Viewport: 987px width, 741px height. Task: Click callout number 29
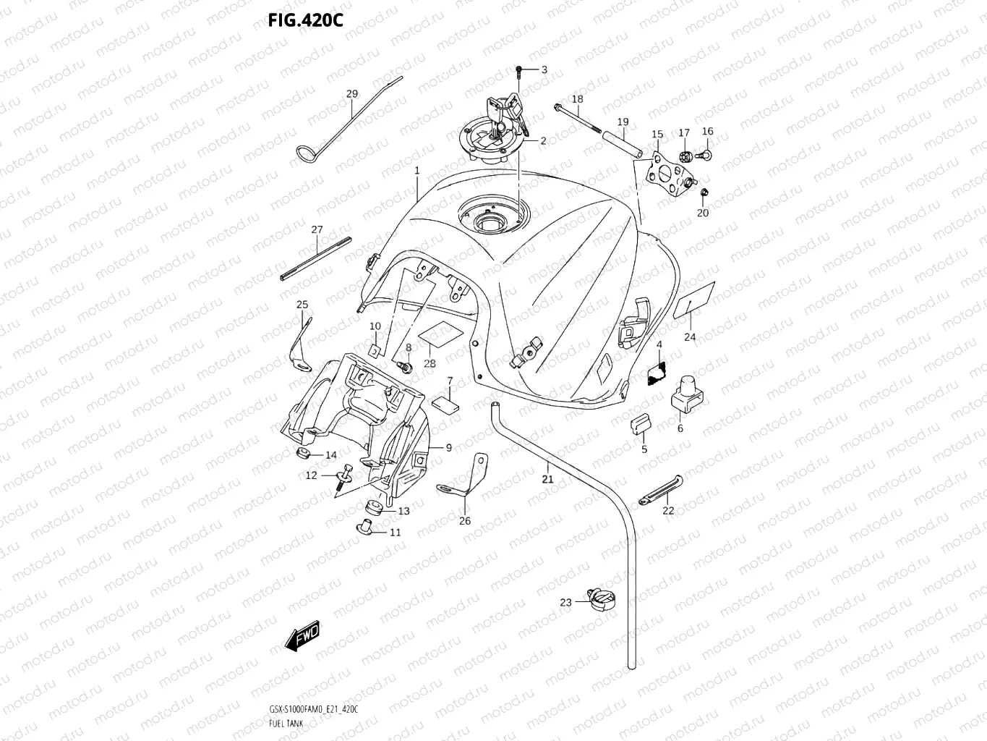tap(351, 94)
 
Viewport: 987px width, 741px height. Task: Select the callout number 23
tap(565, 602)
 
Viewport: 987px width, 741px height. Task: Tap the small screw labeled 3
tap(519, 70)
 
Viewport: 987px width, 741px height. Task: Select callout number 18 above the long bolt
tap(577, 99)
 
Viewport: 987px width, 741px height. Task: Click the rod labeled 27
tap(315, 257)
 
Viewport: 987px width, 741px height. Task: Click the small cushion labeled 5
tap(641, 423)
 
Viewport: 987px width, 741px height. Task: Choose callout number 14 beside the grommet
tap(330, 455)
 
